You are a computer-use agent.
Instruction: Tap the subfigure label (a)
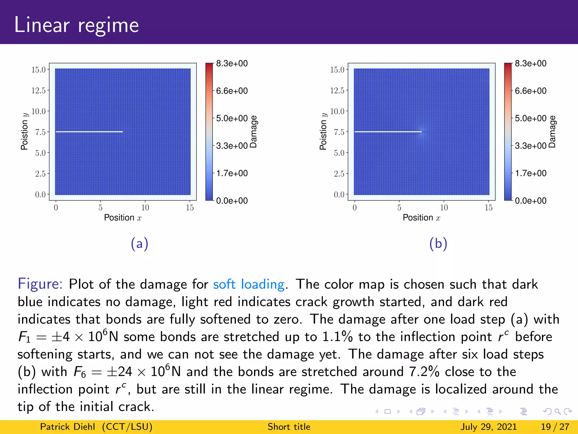tap(139, 244)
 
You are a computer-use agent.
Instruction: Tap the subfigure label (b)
tap(438, 244)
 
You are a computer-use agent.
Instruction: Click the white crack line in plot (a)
tap(89, 132)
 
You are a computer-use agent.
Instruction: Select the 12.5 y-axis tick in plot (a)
tap(38, 90)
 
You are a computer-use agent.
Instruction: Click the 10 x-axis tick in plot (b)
tap(444, 208)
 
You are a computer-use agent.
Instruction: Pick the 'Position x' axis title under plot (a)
tap(123, 218)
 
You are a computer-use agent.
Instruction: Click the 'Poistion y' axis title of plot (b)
tap(323, 131)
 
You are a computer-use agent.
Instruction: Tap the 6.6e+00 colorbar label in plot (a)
tap(232, 91)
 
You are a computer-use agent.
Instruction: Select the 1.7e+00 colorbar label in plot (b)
tap(531, 173)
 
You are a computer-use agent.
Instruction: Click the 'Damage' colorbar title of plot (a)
tap(254, 132)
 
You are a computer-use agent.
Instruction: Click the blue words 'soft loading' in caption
tap(249, 284)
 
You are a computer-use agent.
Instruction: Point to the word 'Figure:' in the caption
tap(40, 284)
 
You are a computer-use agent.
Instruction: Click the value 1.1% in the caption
tap(338, 337)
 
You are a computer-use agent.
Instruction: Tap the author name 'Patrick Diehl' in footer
tap(67, 427)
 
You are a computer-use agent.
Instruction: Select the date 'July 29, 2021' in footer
tap(489, 427)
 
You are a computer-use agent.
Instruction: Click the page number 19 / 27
tap(555, 427)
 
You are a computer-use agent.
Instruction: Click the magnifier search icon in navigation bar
tap(557, 412)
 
